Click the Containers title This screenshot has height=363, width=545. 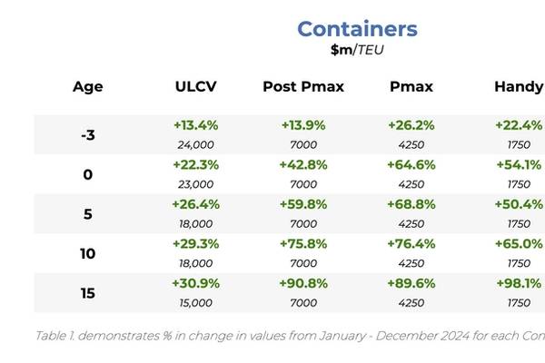click(x=357, y=29)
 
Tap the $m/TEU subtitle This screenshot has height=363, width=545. click(x=357, y=50)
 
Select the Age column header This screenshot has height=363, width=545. click(x=87, y=87)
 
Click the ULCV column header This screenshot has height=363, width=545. click(x=195, y=87)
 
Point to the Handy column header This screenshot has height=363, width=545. click(x=519, y=87)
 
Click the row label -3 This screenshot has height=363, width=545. click(x=87, y=135)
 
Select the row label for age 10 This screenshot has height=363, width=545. click(x=87, y=253)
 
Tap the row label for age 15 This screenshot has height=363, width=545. click(x=87, y=293)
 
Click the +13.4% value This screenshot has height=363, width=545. click(x=195, y=125)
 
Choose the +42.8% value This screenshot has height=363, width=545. click(x=303, y=165)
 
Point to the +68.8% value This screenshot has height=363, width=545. click(x=411, y=204)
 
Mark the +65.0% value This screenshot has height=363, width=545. click(x=519, y=244)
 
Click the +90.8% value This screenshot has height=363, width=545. click(x=303, y=284)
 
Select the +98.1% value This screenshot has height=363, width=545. click(x=519, y=284)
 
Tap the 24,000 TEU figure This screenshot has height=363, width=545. click(x=195, y=144)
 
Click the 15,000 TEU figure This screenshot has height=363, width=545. click(x=195, y=303)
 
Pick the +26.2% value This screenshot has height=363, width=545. click(x=411, y=125)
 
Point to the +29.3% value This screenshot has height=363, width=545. click(x=195, y=244)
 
